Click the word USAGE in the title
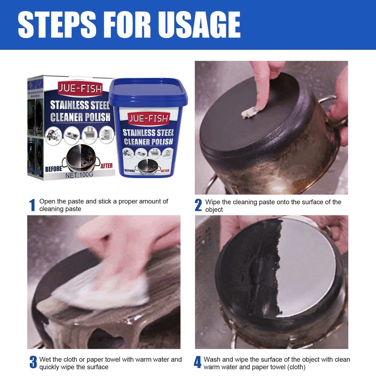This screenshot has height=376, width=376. click(x=200, y=25)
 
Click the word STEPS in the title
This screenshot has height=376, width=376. click(x=57, y=25)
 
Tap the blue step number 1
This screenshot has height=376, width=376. click(x=32, y=205)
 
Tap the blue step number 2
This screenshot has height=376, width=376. click(x=198, y=205)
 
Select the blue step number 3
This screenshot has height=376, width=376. click(x=33, y=362)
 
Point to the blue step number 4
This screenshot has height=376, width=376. click(x=197, y=362)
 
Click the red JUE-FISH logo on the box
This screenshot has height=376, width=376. click(x=80, y=89)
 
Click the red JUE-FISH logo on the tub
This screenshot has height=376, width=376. click(x=149, y=119)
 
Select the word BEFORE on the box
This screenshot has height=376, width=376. click(x=54, y=169)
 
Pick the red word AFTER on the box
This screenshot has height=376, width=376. click(x=106, y=166)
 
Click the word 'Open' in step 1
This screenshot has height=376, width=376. click(x=47, y=201)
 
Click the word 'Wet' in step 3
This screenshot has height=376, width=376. click(x=45, y=360)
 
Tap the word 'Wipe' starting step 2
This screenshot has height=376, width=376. click(x=213, y=202)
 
